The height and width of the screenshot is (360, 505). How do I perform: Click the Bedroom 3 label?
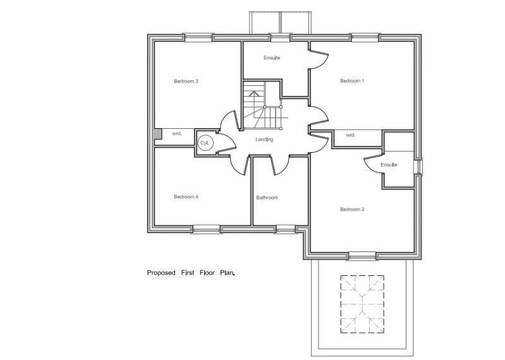[x=186, y=81]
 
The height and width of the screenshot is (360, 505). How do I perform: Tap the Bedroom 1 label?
[x=352, y=81]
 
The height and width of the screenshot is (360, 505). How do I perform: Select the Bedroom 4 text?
[x=186, y=196]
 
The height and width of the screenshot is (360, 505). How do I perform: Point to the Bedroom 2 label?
[x=352, y=209]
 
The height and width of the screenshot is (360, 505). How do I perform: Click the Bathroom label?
[x=267, y=198]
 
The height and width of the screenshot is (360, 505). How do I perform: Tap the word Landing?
[x=264, y=140]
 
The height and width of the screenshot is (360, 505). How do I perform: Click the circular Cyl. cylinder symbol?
[x=205, y=143]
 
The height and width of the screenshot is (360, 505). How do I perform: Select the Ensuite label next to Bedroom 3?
[x=272, y=58]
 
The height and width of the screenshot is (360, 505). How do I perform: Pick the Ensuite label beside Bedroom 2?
[x=389, y=165]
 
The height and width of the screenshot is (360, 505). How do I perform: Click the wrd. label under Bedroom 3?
[x=177, y=133]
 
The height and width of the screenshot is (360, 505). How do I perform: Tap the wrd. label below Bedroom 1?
[x=351, y=135]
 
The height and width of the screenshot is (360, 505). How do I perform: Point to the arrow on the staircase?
[x=254, y=94]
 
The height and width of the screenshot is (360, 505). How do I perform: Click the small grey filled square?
[x=157, y=134]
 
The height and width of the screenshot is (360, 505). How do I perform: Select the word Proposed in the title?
[x=161, y=273]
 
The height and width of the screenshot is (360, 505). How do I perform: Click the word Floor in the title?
[x=207, y=273]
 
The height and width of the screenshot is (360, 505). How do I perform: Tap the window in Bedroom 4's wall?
[x=207, y=229]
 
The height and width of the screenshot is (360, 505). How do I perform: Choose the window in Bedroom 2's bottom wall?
[x=363, y=256]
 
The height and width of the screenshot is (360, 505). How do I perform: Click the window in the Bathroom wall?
[x=286, y=229]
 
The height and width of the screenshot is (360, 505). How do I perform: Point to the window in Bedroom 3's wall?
[x=198, y=38]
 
